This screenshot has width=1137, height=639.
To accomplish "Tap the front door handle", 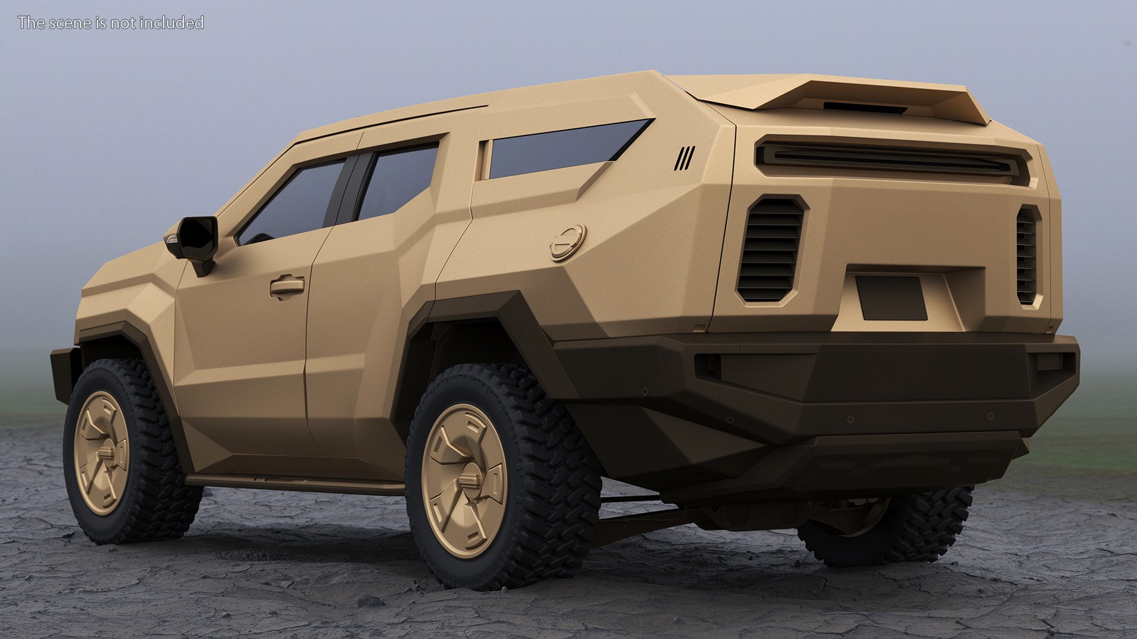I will tap(287, 287).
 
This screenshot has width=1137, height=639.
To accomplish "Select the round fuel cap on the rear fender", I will tap(567, 243).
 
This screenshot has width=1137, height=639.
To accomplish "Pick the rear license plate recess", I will tap(891, 298).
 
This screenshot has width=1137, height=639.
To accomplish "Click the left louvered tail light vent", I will tap(770, 249).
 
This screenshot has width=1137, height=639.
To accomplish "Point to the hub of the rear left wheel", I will tap(465, 480).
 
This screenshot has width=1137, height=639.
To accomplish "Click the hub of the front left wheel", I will tap(102, 453).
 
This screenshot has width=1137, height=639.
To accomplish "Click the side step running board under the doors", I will tap(296, 484).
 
